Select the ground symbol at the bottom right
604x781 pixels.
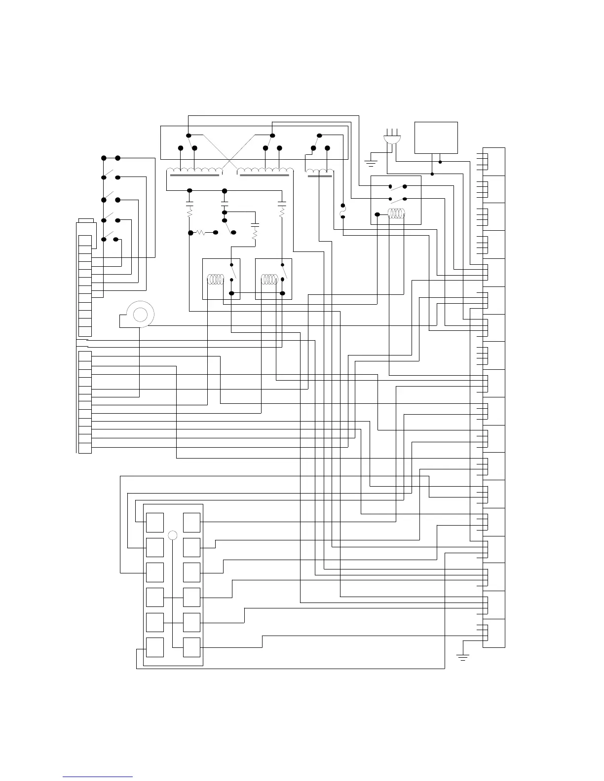tap(462, 656)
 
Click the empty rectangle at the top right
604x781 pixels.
tap(436, 138)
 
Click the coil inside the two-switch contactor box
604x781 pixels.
tap(397, 213)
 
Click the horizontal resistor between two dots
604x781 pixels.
tap(201, 232)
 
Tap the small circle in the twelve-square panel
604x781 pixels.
tap(173, 535)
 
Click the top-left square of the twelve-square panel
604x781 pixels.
tap(155, 522)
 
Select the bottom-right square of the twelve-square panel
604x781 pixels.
tap(191, 647)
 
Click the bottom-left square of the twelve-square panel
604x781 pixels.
tap(155, 647)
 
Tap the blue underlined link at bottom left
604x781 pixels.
tap(98, 777)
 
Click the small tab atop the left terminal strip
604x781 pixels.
tap(86, 220)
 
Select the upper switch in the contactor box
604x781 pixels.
tap(397, 187)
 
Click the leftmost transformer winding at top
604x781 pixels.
tap(194, 172)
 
